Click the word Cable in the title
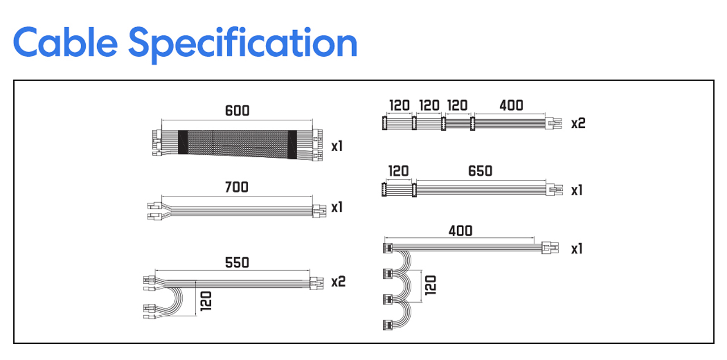click(x=65, y=43)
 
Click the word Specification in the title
click(x=243, y=45)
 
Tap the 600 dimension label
click(x=237, y=111)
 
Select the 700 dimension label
click(x=237, y=187)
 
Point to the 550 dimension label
click(x=237, y=263)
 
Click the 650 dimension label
click(x=480, y=171)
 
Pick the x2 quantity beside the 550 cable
click(x=338, y=282)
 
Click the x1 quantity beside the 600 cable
click(x=337, y=146)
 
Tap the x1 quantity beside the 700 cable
click(x=337, y=207)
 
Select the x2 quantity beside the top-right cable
click(x=578, y=124)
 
